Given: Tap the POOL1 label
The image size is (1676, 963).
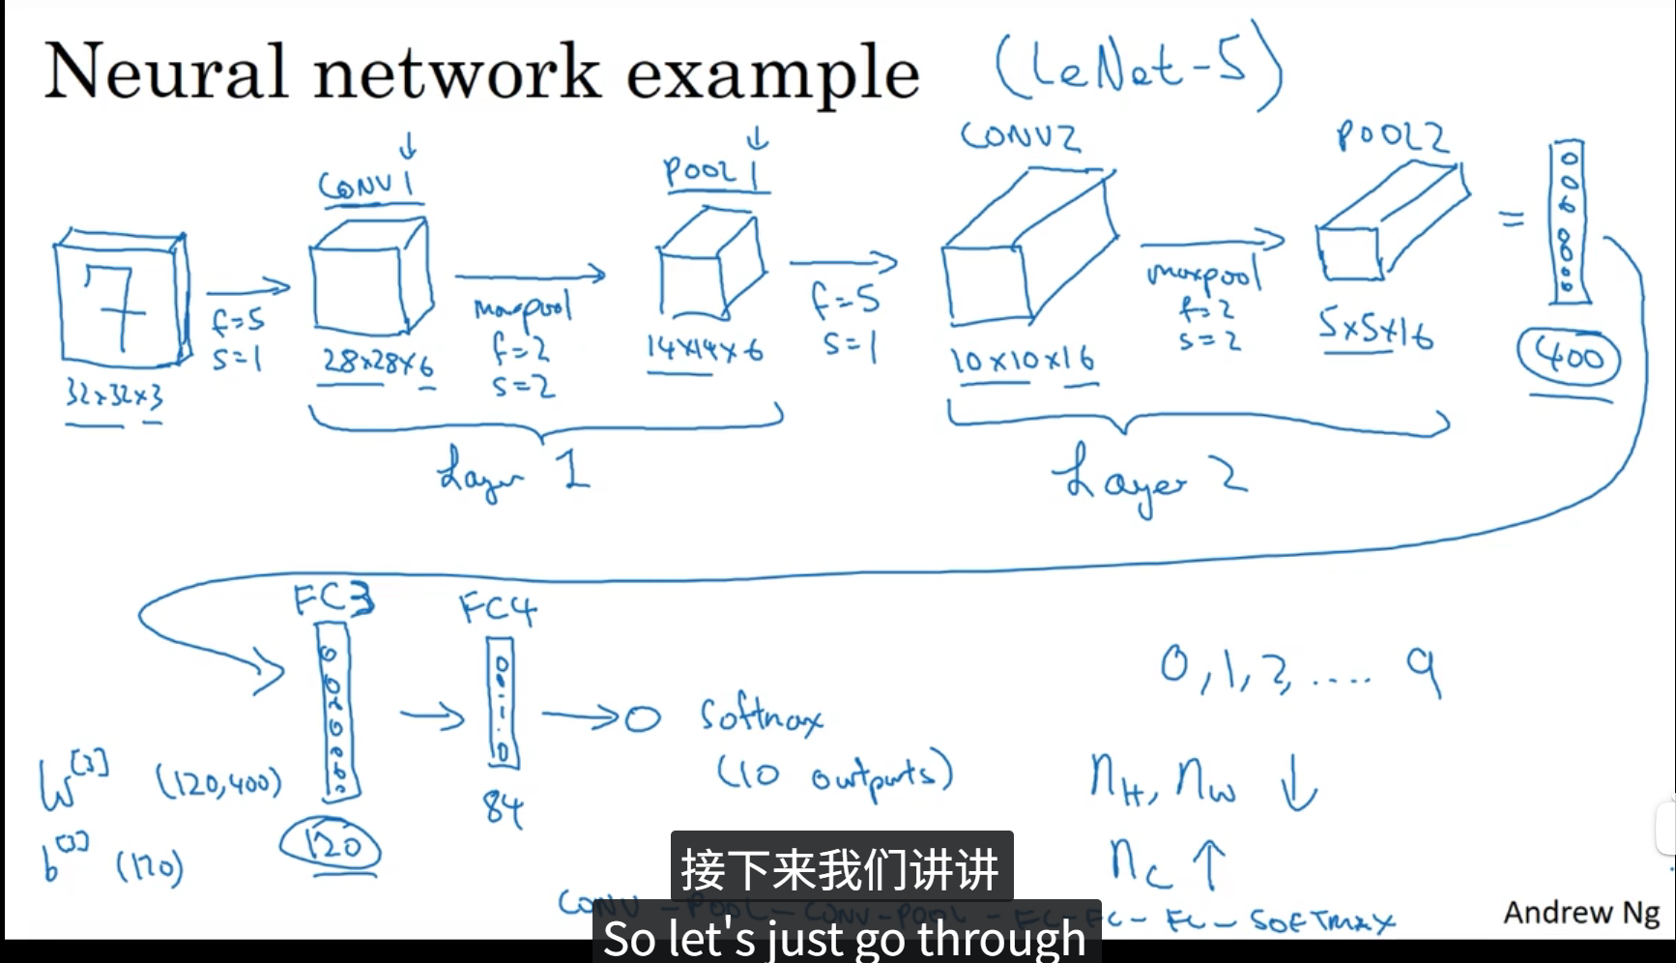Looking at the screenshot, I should [x=713, y=172].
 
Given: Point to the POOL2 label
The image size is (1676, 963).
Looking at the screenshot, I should [x=1392, y=136].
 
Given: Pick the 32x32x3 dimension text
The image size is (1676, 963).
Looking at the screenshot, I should [x=114, y=394].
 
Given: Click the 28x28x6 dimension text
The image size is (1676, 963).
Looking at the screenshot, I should [x=377, y=363].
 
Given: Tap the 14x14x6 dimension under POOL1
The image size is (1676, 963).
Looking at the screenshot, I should [x=705, y=349].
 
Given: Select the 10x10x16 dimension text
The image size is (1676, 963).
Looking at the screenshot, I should [x=1023, y=360].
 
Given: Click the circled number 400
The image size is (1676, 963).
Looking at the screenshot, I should [x=1568, y=358].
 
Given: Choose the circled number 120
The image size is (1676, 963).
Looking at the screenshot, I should [x=331, y=846].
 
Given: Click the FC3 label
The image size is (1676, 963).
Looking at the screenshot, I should [x=333, y=600].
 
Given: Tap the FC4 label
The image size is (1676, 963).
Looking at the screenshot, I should [x=497, y=609].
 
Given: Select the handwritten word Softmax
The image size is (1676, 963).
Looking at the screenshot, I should [x=762, y=715].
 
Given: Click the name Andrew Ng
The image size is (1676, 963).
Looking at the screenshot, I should [x=1580, y=912].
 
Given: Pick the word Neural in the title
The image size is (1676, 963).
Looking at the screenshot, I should [x=166, y=72].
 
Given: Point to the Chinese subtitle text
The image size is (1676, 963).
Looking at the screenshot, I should [x=840, y=868].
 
